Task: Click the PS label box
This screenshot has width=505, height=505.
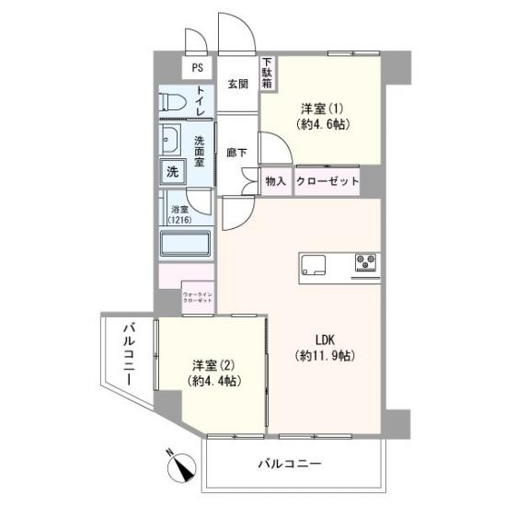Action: tap(197, 67)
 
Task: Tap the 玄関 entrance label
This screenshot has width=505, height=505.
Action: tap(237, 84)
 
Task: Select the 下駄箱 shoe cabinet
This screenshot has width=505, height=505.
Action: tap(266, 73)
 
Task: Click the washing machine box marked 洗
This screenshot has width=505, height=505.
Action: tap(173, 170)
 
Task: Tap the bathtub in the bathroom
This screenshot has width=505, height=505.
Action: tap(186, 246)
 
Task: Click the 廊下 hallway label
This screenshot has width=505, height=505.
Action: tap(236, 153)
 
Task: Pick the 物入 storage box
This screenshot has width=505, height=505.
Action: tap(276, 181)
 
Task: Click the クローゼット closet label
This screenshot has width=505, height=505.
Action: tap(327, 181)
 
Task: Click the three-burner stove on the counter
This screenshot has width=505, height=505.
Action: tap(364, 264)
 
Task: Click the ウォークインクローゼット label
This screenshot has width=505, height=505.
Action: tap(198, 296)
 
